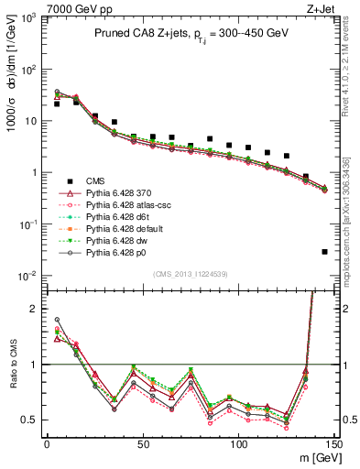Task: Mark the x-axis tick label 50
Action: pyautogui.click(x=143, y=443)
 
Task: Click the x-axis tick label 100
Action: pyautogui.click(x=238, y=443)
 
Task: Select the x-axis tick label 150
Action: pyautogui.click(x=334, y=443)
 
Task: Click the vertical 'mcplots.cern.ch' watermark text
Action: pyautogui.click(x=353, y=183)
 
